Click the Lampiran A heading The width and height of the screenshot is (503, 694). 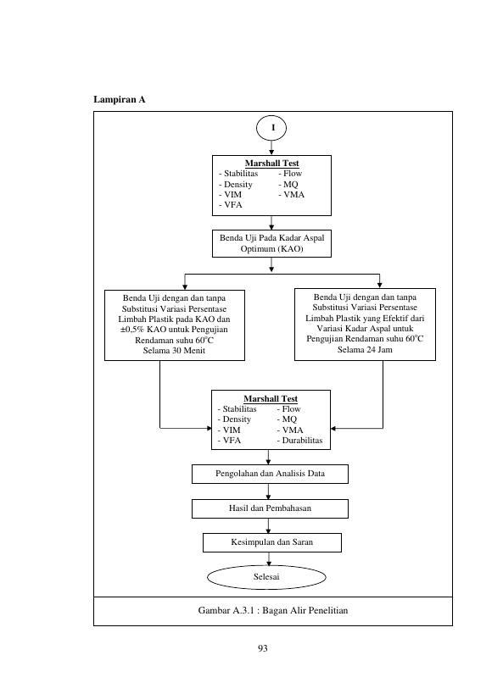point(120,99)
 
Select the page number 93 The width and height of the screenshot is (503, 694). point(263,648)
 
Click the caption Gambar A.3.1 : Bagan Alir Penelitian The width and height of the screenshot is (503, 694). point(273,611)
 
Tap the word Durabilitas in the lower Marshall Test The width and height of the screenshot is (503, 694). point(302,441)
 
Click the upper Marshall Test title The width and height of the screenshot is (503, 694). point(272,164)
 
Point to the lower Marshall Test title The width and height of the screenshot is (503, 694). point(271,399)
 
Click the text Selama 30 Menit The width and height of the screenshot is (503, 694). point(174,351)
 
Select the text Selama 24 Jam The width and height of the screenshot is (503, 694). point(365,350)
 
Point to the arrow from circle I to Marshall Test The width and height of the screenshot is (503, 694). point(271,147)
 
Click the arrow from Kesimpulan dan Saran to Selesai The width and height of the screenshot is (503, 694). point(269,559)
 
